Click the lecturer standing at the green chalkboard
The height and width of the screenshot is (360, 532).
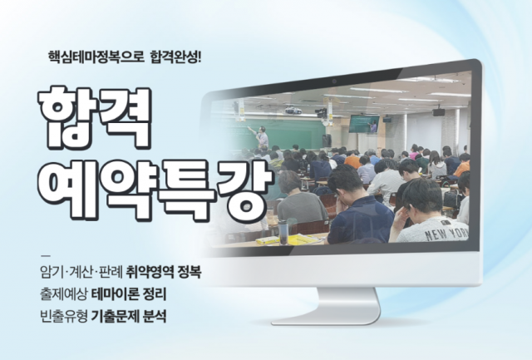(x=263, y=136)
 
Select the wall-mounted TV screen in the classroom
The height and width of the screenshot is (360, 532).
(x=363, y=123)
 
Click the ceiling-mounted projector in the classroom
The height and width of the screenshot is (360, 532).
(x=293, y=110)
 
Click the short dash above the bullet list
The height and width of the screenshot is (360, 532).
(x=45, y=254)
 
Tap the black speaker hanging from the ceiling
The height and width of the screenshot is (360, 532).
(x=438, y=111)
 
